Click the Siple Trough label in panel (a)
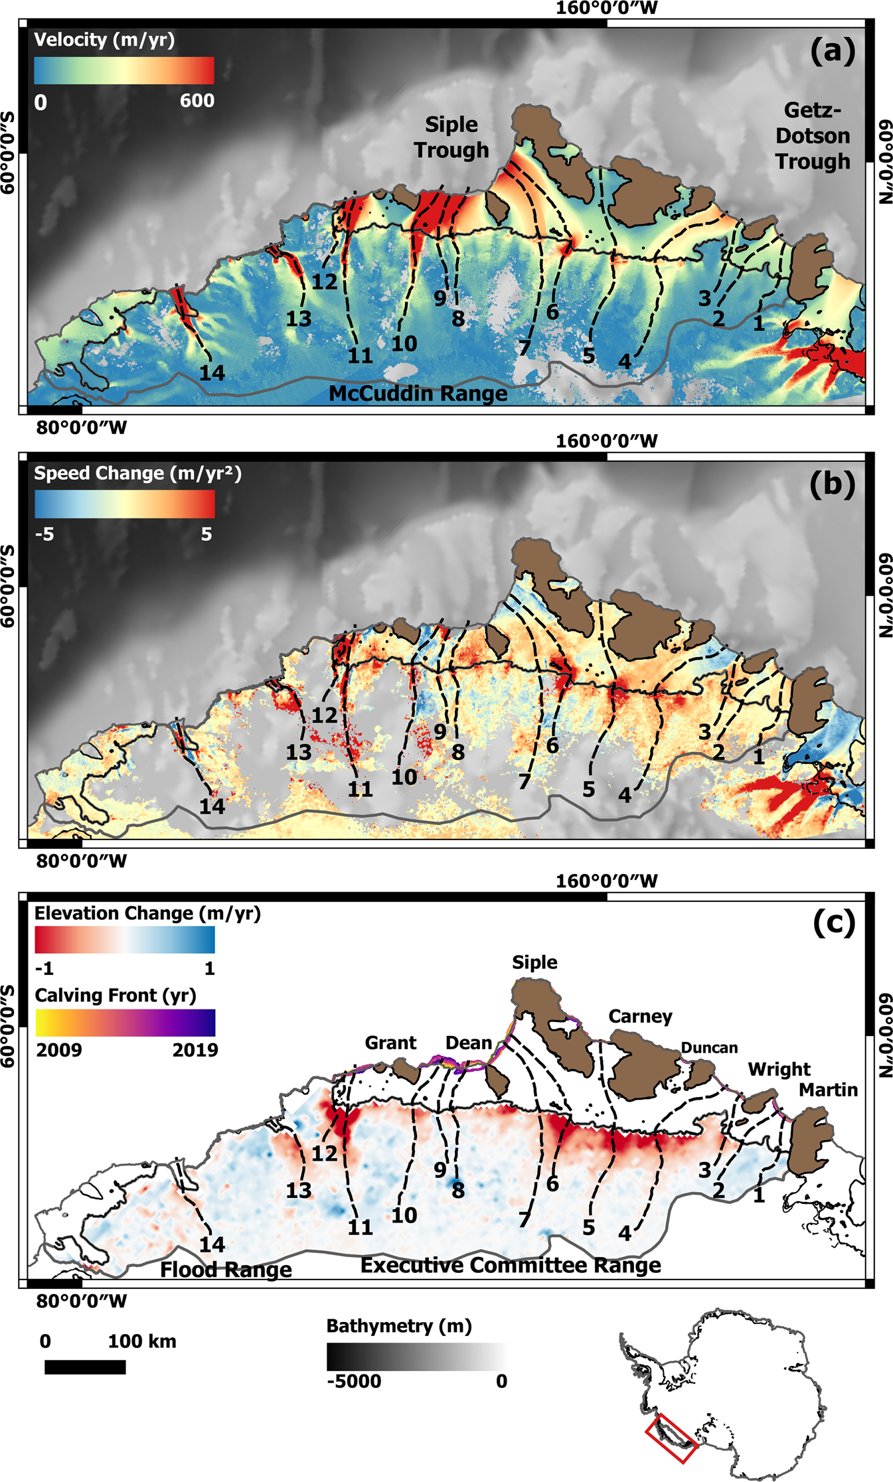coord(451,137)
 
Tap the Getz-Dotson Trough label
coord(812,135)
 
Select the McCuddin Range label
coord(418,394)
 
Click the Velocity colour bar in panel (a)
coord(124,70)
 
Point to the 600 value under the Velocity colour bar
coord(197,101)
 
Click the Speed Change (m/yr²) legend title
coord(137,473)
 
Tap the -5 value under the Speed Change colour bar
coord(44,534)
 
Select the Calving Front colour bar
coord(124,1022)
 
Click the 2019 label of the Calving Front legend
coord(195,1050)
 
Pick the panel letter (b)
coord(832,484)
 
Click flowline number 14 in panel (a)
coord(212,373)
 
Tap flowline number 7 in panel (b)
coord(525,782)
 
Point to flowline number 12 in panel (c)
coord(325,1153)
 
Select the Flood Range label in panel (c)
coord(226,1270)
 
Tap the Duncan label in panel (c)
coord(709,1048)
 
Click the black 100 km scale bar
coord(85,1367)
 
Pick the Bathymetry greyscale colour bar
coord(416,1357)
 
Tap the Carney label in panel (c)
coord(640,1017)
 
